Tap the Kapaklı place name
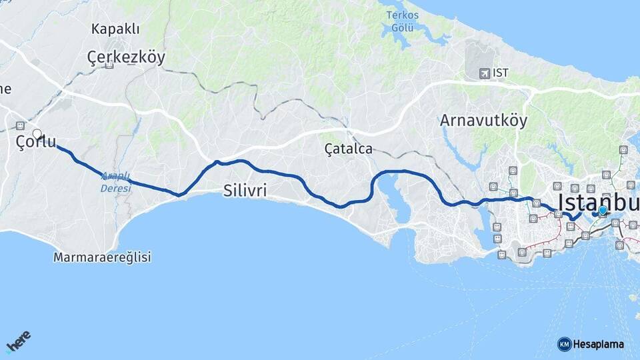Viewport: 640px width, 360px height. [x=116, y=29]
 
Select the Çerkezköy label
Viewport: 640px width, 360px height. [x=126, y=58]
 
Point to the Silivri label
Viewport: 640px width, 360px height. [x=245, y=191]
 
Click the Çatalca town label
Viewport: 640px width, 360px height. [x=348, y=149]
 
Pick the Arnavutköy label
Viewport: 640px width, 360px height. [x=483, y=121]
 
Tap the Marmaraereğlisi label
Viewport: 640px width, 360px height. [x=103, y=257]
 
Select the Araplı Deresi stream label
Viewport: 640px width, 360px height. [x=115, y=182]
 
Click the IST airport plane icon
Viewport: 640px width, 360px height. [x=483, y=73]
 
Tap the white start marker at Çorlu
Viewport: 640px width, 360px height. [x=37, y=134]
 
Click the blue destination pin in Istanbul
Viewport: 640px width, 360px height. [x=603, y=211]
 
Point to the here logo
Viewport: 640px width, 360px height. [x=18, y=343]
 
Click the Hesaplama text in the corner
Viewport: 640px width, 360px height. [x=598, y=344]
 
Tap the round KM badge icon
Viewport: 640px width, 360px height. [x=564, y=344]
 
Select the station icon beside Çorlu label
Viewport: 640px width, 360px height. [x=20, y=125]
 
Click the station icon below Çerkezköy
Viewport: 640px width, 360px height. [x=109, y=65]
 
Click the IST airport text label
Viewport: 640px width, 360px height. [x=501, y=73]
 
